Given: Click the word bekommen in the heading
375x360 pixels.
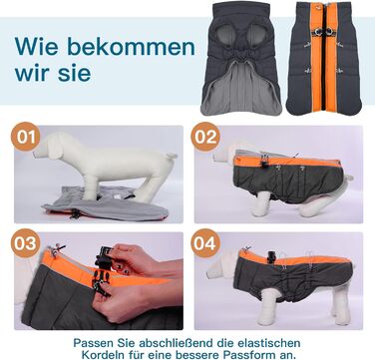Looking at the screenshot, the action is (x=131, y=47).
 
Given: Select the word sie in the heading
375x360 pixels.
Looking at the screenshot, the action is (x=74, y=72).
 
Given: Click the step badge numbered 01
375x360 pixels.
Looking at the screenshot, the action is (x=26, y=137).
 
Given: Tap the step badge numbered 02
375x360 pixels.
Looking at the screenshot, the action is (x=205, y=137).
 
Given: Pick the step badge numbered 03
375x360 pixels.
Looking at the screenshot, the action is (x=26, y=243).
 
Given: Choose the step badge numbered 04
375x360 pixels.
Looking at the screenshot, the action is (x=205, y=243).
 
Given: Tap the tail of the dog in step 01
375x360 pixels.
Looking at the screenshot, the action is (x=172, y=156).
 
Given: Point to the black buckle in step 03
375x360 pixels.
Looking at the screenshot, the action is (x=102, y=271).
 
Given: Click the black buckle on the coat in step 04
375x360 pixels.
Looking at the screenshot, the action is (x=271, y=257).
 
